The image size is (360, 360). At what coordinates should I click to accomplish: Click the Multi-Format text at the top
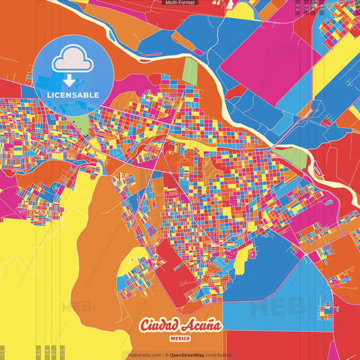tap(180, 3)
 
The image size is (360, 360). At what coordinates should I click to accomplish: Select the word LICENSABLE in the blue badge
tap(73, 95)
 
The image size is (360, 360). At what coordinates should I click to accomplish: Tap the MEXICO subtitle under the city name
tap(180, 337)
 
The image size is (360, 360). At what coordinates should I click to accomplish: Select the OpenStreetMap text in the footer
tap(190, 355)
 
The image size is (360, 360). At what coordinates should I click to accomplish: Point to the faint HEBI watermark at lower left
tap(78, 305)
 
